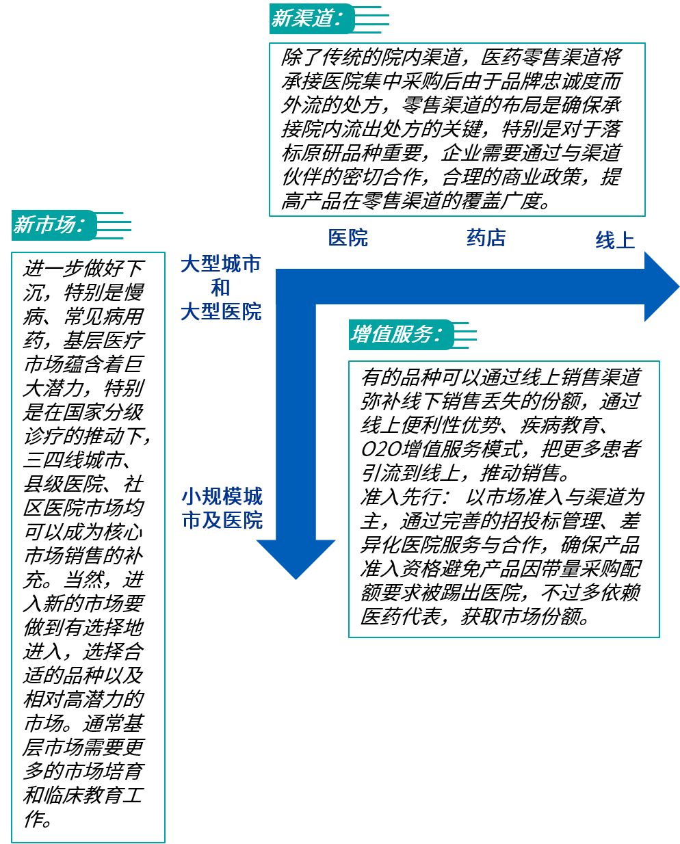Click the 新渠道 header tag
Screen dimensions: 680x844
(x=306, y=18)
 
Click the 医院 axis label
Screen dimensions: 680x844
(x=348, y=237)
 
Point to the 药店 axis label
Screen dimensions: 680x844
(x=486, y=237)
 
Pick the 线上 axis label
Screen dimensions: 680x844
(x=614, y=240)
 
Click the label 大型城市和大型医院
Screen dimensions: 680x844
(x=220, y=288)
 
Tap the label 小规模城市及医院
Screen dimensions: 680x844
(x=222, y=507)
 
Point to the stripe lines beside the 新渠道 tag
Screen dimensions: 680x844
(x=373, y=18)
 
